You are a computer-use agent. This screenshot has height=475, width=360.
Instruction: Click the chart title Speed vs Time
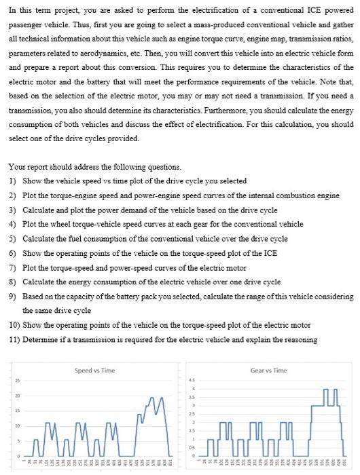94,370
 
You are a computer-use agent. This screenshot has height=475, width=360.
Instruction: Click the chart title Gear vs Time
269,370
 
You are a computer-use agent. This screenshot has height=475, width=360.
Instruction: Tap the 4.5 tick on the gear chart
193,380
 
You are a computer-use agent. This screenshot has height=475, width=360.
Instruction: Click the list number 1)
13,180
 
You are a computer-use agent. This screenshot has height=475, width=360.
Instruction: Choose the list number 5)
13,238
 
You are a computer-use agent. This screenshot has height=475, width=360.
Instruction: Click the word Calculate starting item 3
38,209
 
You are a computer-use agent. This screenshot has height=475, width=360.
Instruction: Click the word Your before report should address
17,166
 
